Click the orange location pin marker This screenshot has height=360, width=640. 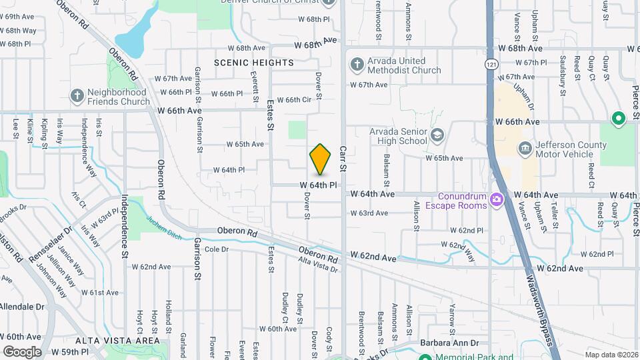(321, 159)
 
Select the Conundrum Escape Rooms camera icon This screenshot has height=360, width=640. (496, 199)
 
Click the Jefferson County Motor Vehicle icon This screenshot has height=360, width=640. (525, 147)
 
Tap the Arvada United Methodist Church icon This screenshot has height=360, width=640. (357, 65)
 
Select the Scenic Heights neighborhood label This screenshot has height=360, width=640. (254, 63)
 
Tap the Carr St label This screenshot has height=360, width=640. (343, 159)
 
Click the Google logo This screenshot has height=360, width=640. (22, 351)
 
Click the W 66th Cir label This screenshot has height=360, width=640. (294, 100)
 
